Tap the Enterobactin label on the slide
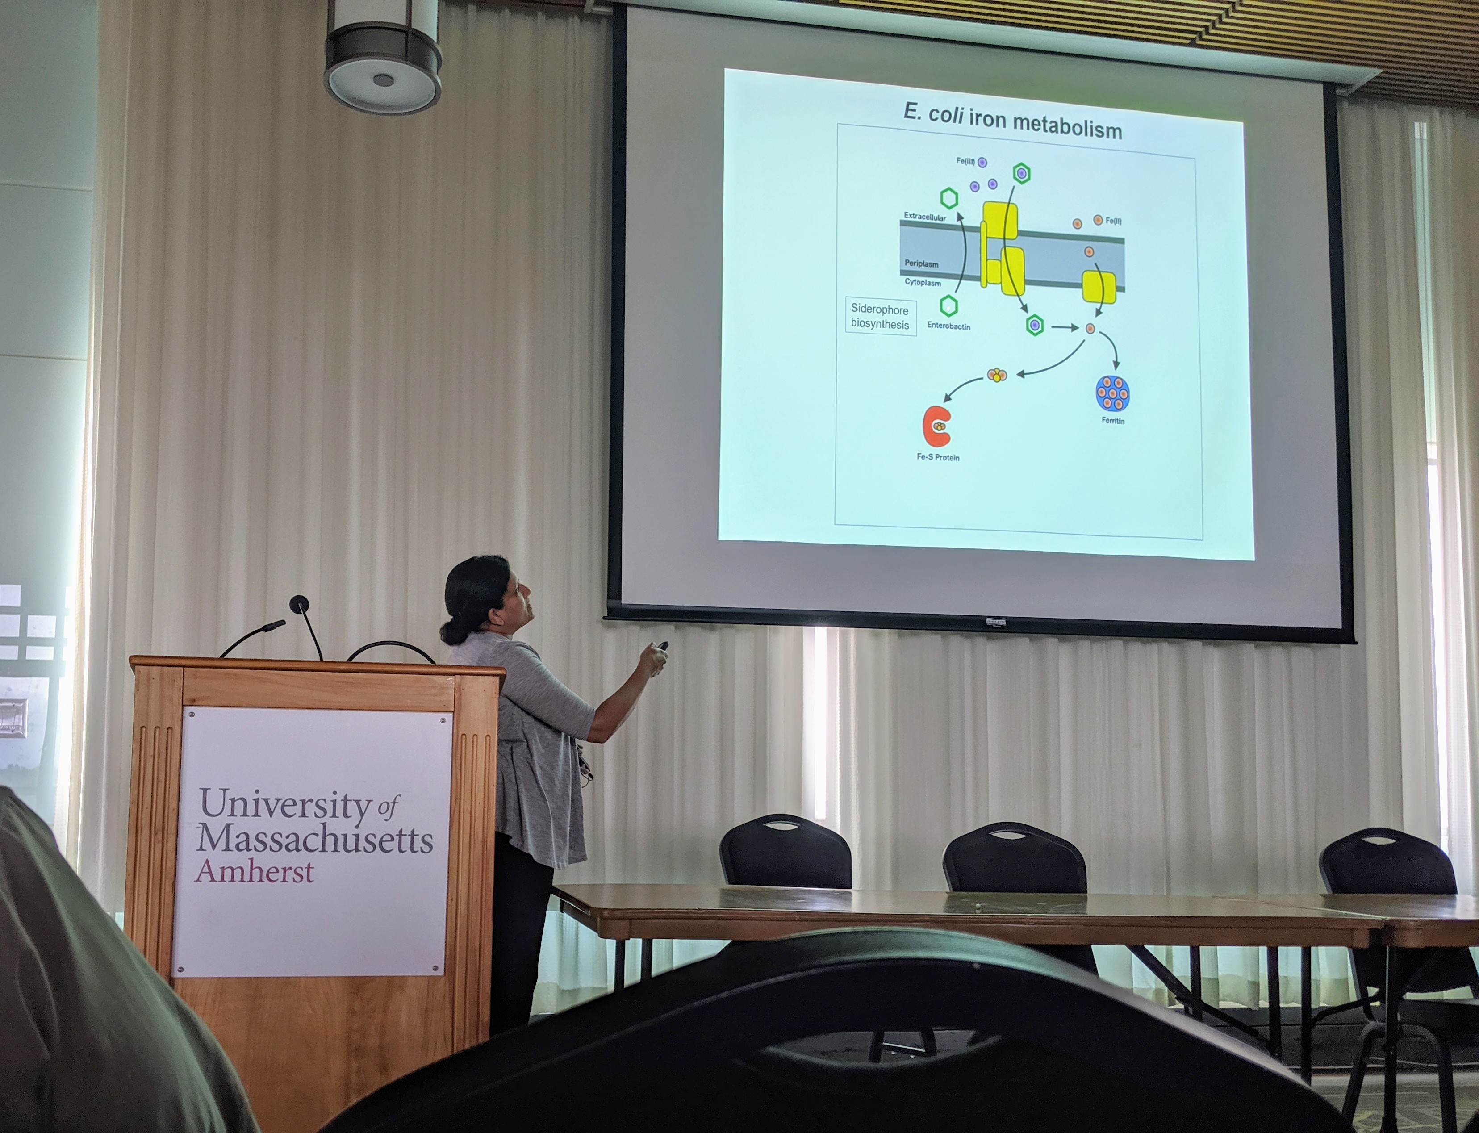point(948,326)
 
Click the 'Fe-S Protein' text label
point(937,457)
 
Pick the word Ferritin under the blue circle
point(1113,421)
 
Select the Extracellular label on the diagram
point(925,217)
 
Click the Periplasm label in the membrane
point(921,263)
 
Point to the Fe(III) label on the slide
point(965,161)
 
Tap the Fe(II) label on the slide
point(1113,221)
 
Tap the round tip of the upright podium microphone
point(299,604)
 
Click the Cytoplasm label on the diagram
point(923,283)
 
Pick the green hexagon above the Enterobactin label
point(949,306)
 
